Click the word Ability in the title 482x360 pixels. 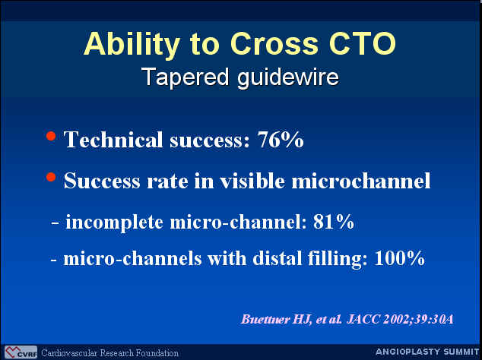coord(132,45)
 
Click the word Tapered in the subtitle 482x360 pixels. coord(186,77)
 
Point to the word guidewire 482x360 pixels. coord(288,77)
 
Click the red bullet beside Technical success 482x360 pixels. coord(51,136)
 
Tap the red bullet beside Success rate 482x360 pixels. coord(51,177)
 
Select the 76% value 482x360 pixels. coord(281,140)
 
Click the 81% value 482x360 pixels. coord(333,222)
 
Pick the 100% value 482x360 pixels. coord(399,258)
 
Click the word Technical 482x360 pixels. coord(113,140)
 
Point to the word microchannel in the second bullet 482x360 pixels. coord(361,181)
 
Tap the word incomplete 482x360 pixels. coord(114,223)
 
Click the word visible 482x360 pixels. coord(252,181)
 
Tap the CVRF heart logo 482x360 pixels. coord(21,352)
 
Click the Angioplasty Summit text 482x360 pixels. coord(427,352)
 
